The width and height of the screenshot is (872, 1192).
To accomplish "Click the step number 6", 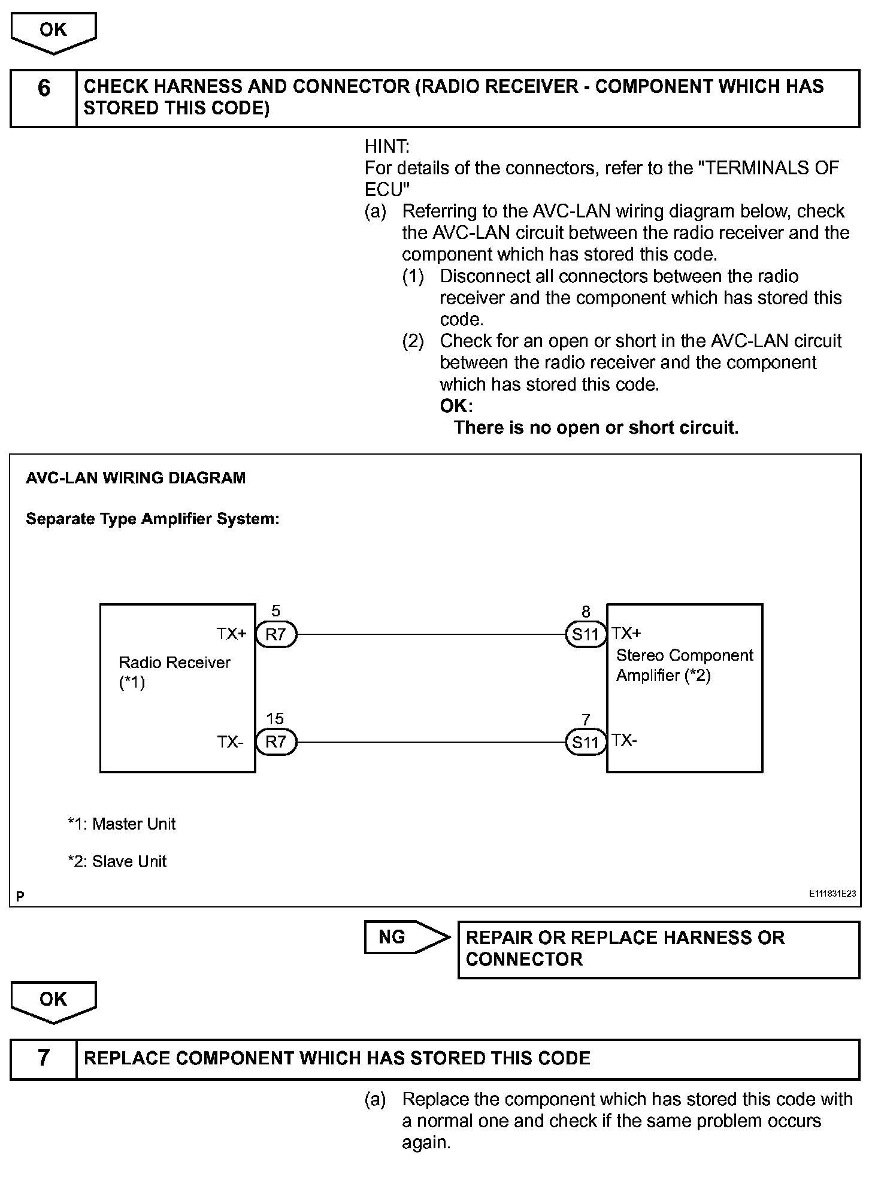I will click(44, 89).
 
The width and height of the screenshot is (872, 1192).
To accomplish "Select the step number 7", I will click(44, 1058).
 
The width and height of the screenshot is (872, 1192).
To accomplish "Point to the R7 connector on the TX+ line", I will click(276, 634).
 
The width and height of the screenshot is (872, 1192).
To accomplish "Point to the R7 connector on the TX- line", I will click(276, 742).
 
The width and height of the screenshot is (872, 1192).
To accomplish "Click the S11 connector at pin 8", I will click(586, 634).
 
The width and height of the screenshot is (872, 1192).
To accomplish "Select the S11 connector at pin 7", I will click(586, 743).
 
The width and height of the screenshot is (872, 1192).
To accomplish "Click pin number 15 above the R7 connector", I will click(275, 719).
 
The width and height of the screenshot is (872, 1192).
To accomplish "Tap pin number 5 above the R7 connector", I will click(275, 611).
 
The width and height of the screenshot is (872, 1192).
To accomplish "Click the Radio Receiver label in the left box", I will click(174, 663).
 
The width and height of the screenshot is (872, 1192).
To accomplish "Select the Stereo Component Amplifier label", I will click(685, 665).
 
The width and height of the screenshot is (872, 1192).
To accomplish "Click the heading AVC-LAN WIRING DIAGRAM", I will click(136, 478).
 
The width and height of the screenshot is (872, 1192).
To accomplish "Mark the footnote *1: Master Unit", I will click(122, 824).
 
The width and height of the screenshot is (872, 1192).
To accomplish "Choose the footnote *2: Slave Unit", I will click(117, 861).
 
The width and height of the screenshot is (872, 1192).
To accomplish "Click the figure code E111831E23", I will click(832, 894).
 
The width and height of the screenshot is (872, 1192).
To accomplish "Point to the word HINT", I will click(387, 146).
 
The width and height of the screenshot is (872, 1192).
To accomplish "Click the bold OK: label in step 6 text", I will click(456, 406).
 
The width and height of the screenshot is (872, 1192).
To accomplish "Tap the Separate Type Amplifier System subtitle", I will click(153, 519).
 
